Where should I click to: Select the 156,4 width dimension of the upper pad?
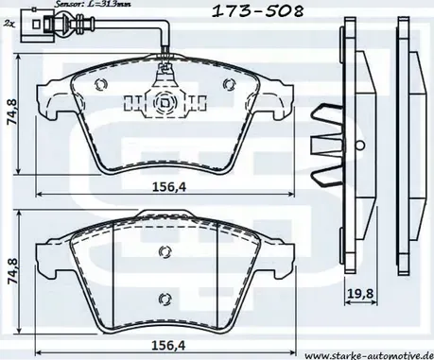[x=169, y=186]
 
